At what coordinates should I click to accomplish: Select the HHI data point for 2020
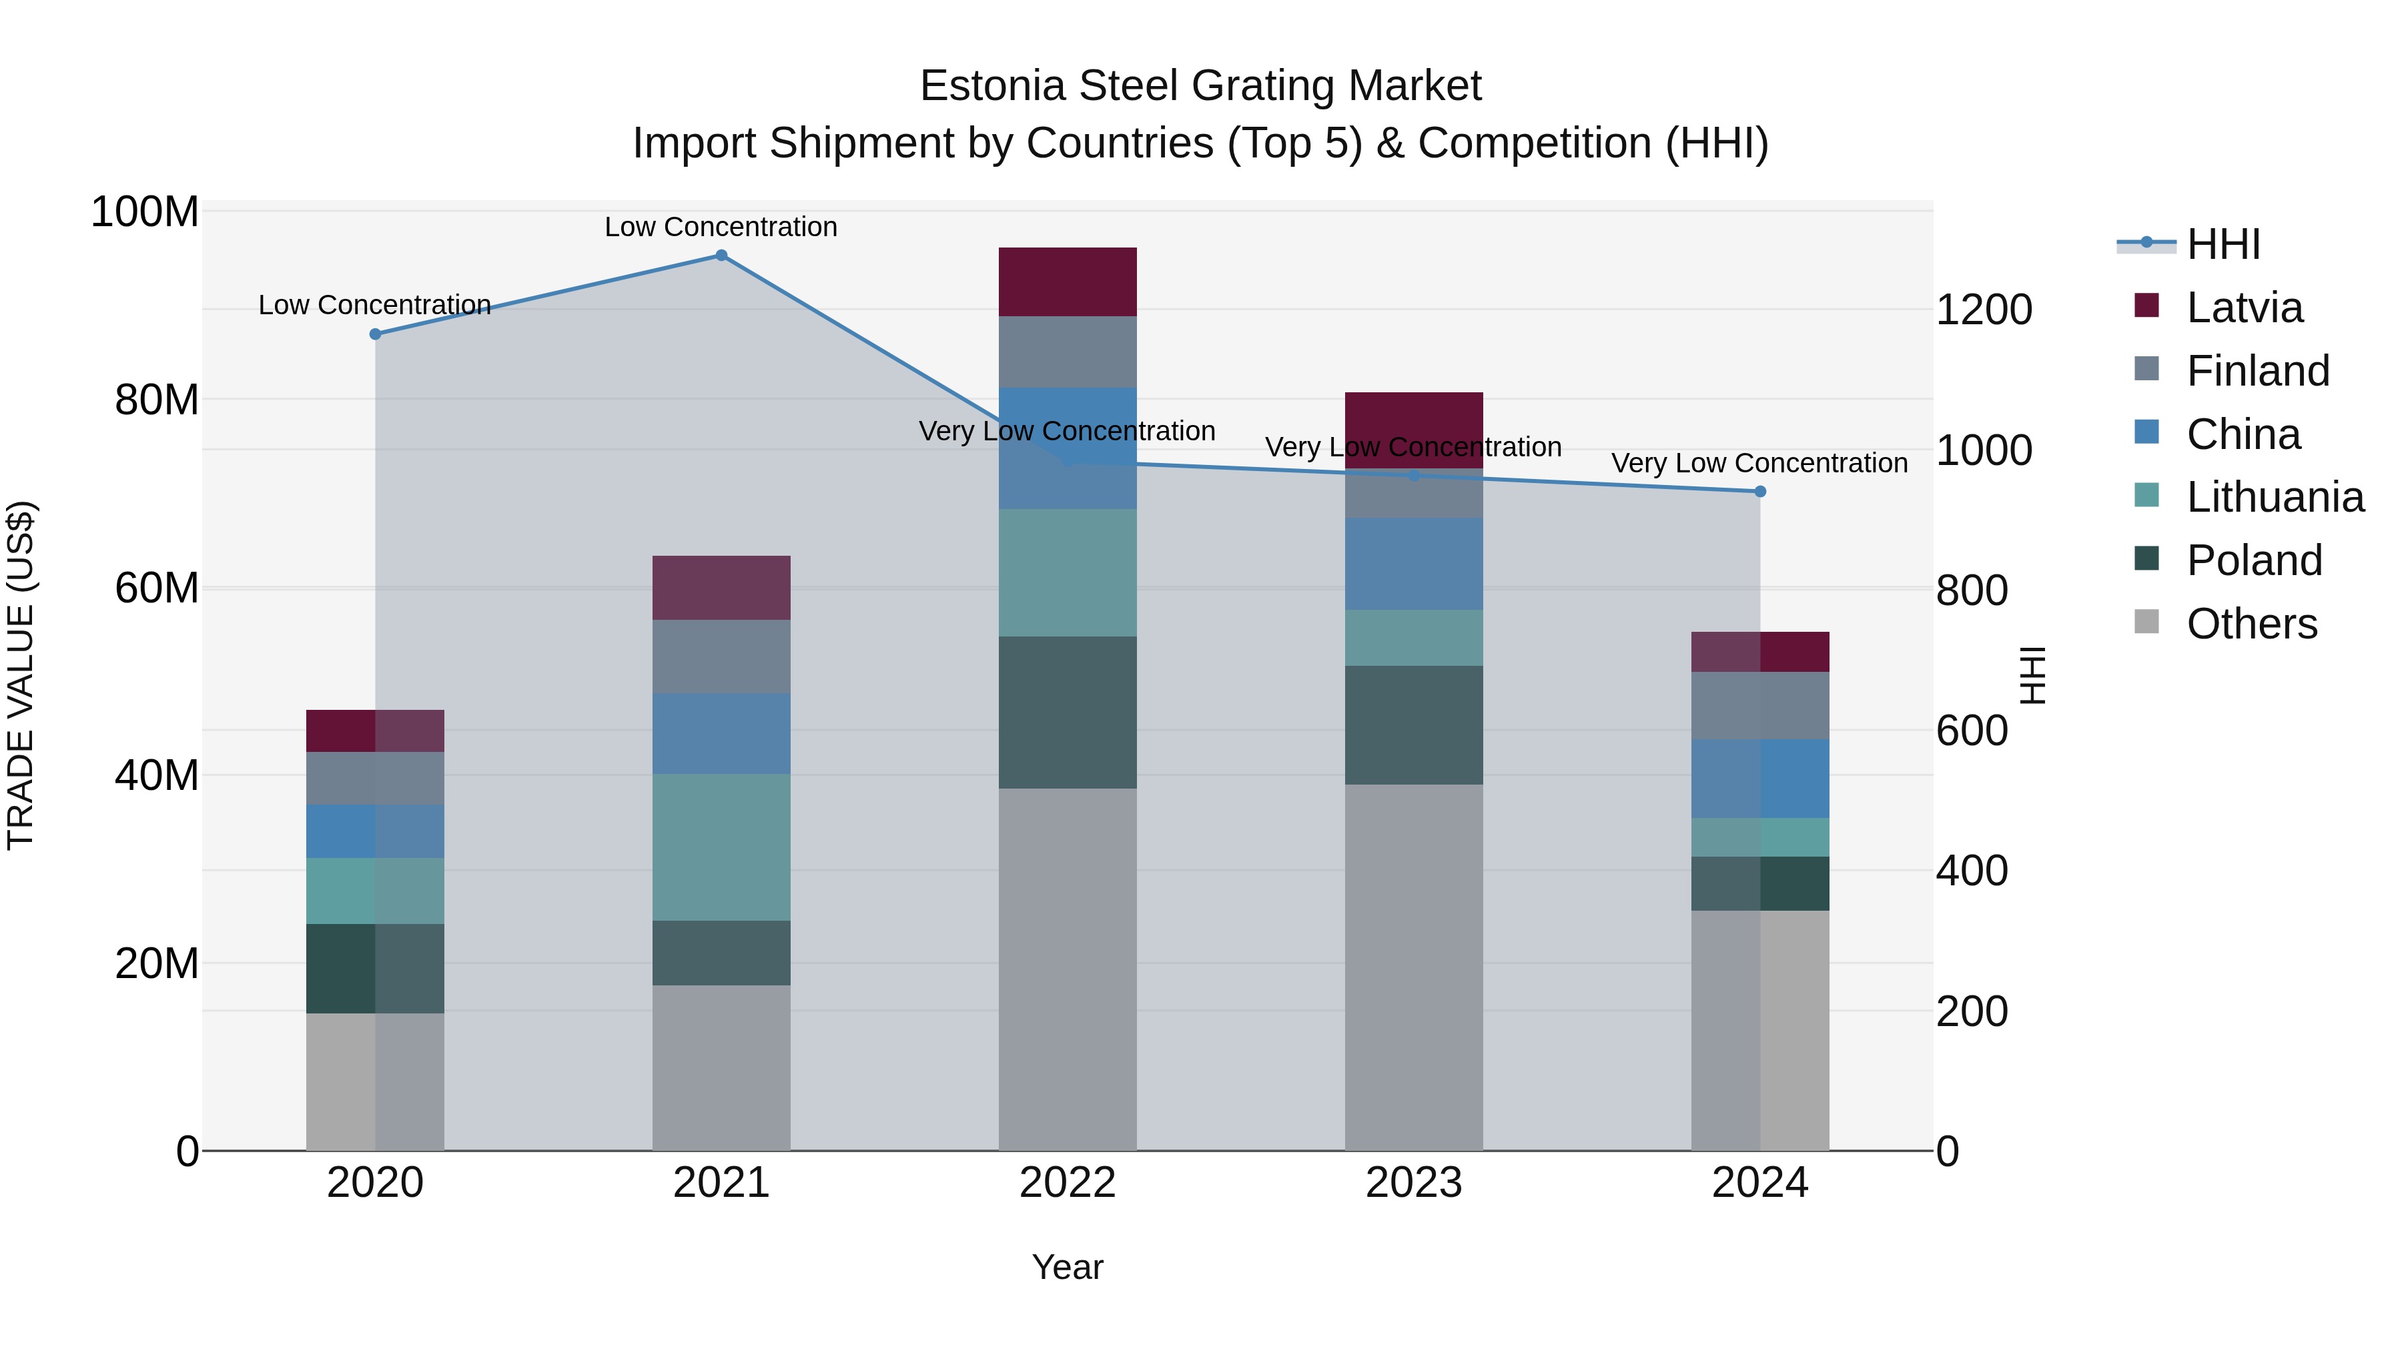(x=375, y=334)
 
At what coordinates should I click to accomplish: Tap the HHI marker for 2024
(x=1759, y=491)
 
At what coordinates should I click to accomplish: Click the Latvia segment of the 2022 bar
(x=1067, y=282)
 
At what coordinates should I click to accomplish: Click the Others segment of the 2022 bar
(x=1067, y=969)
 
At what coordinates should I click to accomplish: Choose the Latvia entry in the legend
(x=2243, y=308)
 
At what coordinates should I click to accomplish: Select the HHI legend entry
(x=2222, y=244)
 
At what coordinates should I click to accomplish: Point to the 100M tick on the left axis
(x=145, y=213)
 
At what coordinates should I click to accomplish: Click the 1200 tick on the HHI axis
(x=1984, y=310)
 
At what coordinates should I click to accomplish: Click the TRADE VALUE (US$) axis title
(x=21, y=675)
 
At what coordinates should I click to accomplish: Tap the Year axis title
(x=1067, y=1267)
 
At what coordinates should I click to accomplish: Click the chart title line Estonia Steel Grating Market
(x=1200, y=86)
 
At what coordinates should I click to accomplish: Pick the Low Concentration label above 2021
(x=721, y=227)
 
